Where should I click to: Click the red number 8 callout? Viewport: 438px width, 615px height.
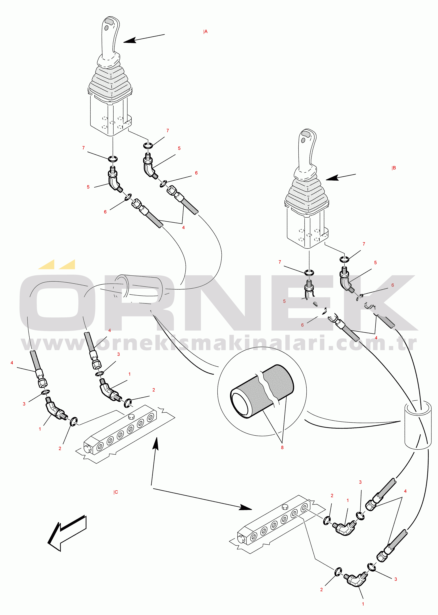(282, 447)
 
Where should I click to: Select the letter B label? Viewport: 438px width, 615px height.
(394, 168)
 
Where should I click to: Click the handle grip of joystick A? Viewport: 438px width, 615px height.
(109, 38)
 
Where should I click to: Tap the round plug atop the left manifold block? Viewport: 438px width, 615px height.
(131, 417)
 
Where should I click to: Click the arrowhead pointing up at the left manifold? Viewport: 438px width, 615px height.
(156, 444)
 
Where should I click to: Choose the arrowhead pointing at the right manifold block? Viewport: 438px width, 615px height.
(245, 508)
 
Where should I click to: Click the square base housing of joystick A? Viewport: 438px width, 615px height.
(108, 116)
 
